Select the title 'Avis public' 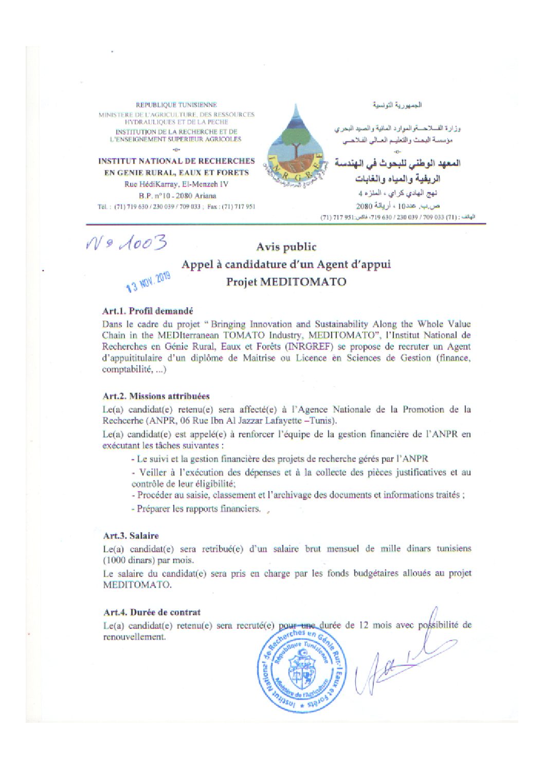click(x=286, y=248)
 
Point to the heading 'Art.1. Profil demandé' click(x=148, y=311)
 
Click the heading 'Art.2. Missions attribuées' click(x=156, y=396)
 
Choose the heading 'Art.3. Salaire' click(x=131, y=536)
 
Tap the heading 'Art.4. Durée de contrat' click(x=152, y=612)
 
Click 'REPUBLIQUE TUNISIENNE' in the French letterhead click(x=176, y=105)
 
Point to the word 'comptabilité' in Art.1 click(x=123, y=369)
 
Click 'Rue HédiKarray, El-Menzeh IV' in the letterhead click(x=176, y=184)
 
